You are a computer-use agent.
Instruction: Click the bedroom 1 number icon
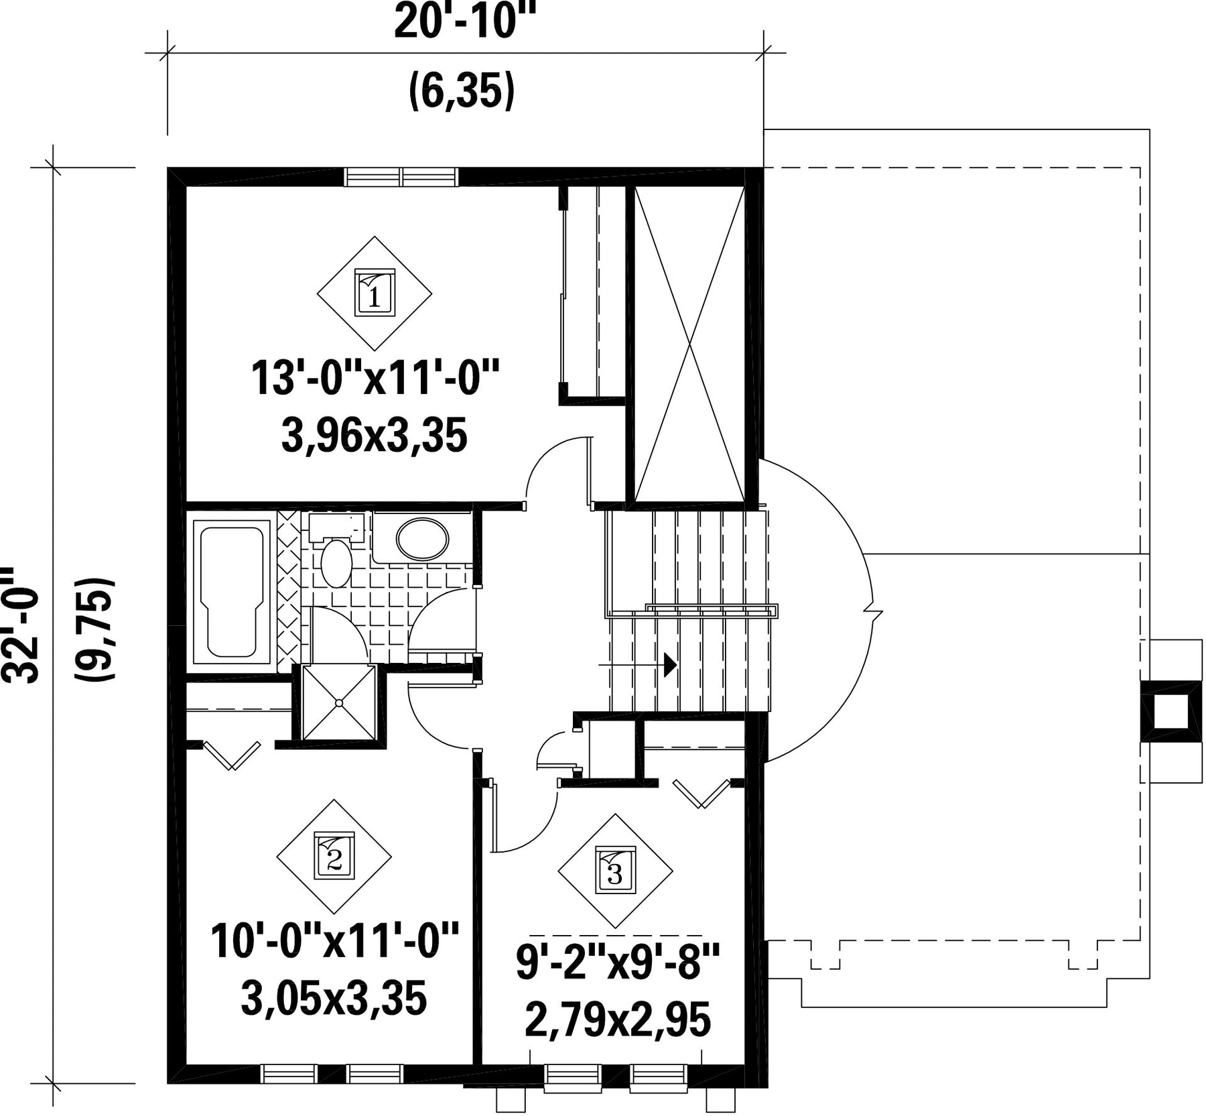pyautogui.click(x=374, y=292)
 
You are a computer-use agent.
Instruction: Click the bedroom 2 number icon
pyautogui.click(x=334, y=856)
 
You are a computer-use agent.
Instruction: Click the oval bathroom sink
pyautogui.click(x=423, y=538)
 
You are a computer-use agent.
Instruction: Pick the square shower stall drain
pyautogui.click(x=339, y=702)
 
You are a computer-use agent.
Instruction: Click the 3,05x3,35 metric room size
pyautogui.click(x=334, y=999)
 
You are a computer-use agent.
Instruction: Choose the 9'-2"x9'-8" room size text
pyautogui.click(x=617, y=963)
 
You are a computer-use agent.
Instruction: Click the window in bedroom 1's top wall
pyautogui.click(x=401, y=177)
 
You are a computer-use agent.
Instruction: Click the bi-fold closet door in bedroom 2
pyautogui.click(x=232, y=754)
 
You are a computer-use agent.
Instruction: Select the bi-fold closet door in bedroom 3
pyautogui.click(x=701, y=793)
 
